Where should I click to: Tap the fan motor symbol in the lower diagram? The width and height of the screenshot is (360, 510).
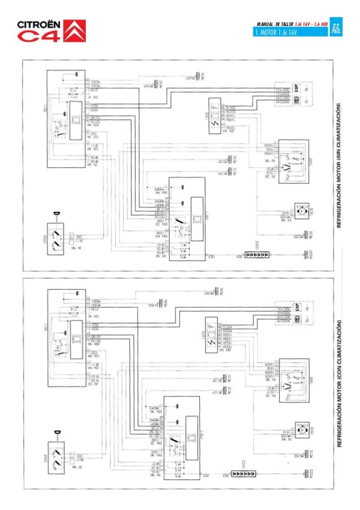[x=301, y=430]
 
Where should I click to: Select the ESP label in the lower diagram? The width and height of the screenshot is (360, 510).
[x=296, y=308]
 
